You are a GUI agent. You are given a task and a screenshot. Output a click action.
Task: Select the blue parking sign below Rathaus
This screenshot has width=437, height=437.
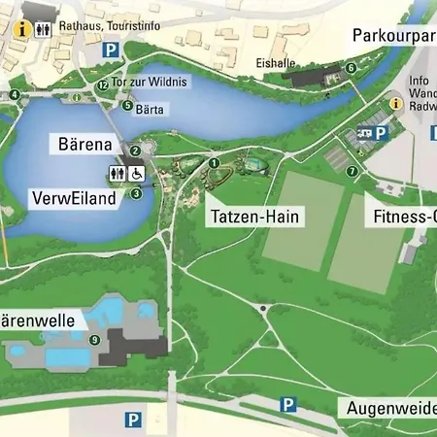pyautogui.click(x=111, y=49)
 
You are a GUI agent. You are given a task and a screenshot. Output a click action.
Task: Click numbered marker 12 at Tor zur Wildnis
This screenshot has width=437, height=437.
pyautogui.click(x=102, y=84)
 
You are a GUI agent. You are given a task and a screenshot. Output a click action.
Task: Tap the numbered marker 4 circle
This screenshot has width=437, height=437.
pyautogui.click(x=15, y=94)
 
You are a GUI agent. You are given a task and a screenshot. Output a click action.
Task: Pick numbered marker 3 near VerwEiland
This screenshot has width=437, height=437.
pyautogui.click(x=136, y=193)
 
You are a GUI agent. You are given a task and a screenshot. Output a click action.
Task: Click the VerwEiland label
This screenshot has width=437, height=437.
pyautogui.click(x=74, y=198)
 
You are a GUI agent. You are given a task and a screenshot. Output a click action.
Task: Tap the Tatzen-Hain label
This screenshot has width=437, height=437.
pyautogui.click(x=255, y=217)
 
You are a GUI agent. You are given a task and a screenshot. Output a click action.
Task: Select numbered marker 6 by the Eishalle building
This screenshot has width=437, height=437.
pyautogui.click(x=351, y=68)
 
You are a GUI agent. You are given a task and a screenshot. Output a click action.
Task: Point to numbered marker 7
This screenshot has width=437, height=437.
pyautogui.click(x=353, y=171)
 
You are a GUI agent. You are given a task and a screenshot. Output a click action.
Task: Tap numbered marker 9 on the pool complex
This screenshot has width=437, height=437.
pyautogui.click(x=94, y=339)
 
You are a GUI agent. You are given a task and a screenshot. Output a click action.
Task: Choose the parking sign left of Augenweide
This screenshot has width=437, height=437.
pyautogui.click(x=287, y=404)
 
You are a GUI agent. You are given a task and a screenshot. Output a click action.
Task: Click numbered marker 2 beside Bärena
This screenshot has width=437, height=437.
pyautogui.click(x=136, y=151)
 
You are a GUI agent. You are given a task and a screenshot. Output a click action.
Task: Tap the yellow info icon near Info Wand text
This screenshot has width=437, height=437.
pyautogui.click(x=395, y=102)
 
